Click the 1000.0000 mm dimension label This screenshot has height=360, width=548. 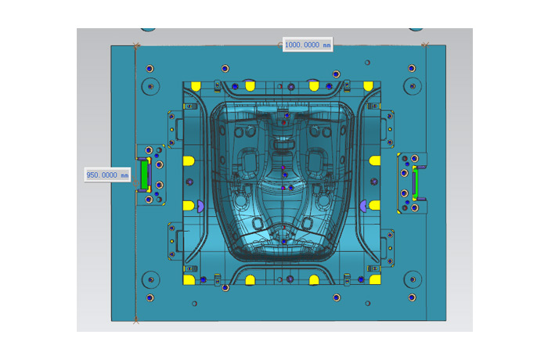[308, 45]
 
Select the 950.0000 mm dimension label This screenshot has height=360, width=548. [108, 175]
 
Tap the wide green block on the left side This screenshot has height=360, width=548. [144, 175]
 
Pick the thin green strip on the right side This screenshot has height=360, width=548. [415, 183]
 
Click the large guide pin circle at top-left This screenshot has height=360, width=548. [150, 86]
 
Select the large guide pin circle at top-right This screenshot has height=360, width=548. [413, 85]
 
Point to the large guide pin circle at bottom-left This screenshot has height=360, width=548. [150, 279]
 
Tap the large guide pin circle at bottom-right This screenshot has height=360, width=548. [413, 279]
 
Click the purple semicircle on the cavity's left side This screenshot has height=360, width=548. [200, 206]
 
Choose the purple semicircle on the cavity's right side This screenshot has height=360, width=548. [363, 206]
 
